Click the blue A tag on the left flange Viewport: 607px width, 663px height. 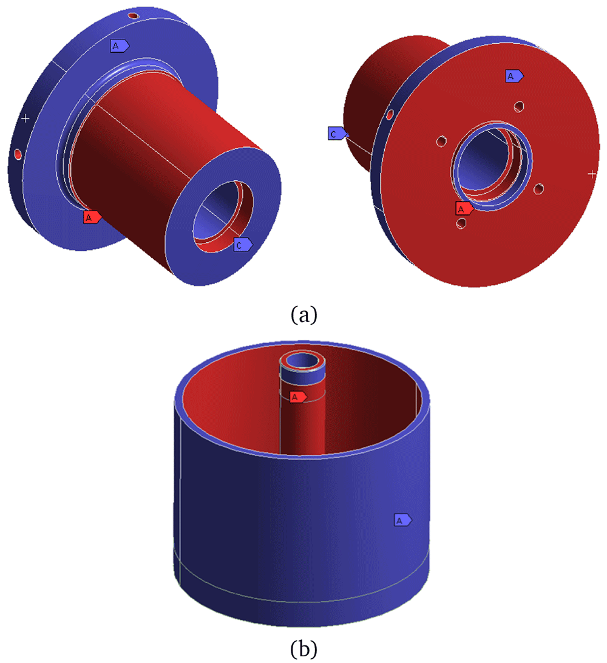tap(120, 46)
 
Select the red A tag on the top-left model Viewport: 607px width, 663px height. tap(92, 217)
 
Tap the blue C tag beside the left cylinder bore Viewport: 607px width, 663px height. tap(243, 245)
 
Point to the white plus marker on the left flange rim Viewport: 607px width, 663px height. tap(25, 118)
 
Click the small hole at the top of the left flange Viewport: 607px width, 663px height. tap(134, 16)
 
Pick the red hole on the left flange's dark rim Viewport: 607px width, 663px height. tap(18, 154)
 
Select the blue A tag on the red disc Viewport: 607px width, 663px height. tap(514, 76)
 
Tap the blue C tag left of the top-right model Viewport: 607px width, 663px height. tap(337, 134)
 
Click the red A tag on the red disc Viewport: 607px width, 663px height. tap(464, 208)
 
